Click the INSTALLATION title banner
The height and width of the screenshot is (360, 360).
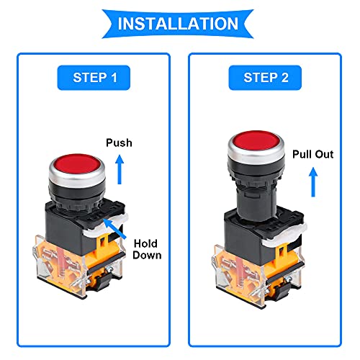[x=178, y=24]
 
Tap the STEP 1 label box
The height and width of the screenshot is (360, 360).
[x=94, y=78]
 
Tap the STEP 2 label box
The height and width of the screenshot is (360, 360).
[x=265, y=78]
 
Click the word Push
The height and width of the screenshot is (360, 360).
[x=119, y=143]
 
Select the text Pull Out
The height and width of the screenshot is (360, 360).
[x=312, y=154]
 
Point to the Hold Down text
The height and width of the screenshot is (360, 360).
[x=147, y=249]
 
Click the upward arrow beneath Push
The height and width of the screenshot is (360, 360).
[x=120, y=169]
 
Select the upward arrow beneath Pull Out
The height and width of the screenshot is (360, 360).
[x=313, y=182]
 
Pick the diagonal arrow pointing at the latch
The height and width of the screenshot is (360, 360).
[x=114, y=228]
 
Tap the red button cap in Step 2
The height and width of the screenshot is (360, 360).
[x=256, y=141]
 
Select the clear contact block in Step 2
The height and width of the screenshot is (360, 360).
[x=258, y=276]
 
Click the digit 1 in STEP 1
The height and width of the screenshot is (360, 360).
[x=114, y=78]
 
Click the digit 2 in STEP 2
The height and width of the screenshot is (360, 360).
[x=284, y=78]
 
